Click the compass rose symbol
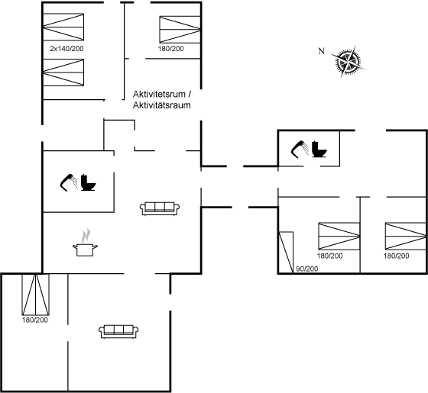tap(349, 62)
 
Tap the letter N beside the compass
tap(322, 51)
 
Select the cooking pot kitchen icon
tap(85, 243)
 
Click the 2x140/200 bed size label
tap(66, 49)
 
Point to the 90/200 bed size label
tap(307, 269)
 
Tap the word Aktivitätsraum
tap(161, 105)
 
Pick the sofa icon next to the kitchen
tap(160, 209)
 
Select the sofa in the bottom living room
tap(118, 331)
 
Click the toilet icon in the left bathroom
tap(89, 182)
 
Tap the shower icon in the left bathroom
tap(69, 182)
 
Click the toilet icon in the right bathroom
tap(319, 149)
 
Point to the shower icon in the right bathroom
tap(300, 149)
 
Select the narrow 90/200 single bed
tap(286, 252)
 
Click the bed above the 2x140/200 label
tap(63, 27)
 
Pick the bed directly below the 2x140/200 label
tap(63, 72)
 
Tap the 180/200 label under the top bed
tap(171, 49)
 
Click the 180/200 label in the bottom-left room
tap(35, 320)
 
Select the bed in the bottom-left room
tap(35, 295)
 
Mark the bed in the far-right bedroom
tap(406, 236)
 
